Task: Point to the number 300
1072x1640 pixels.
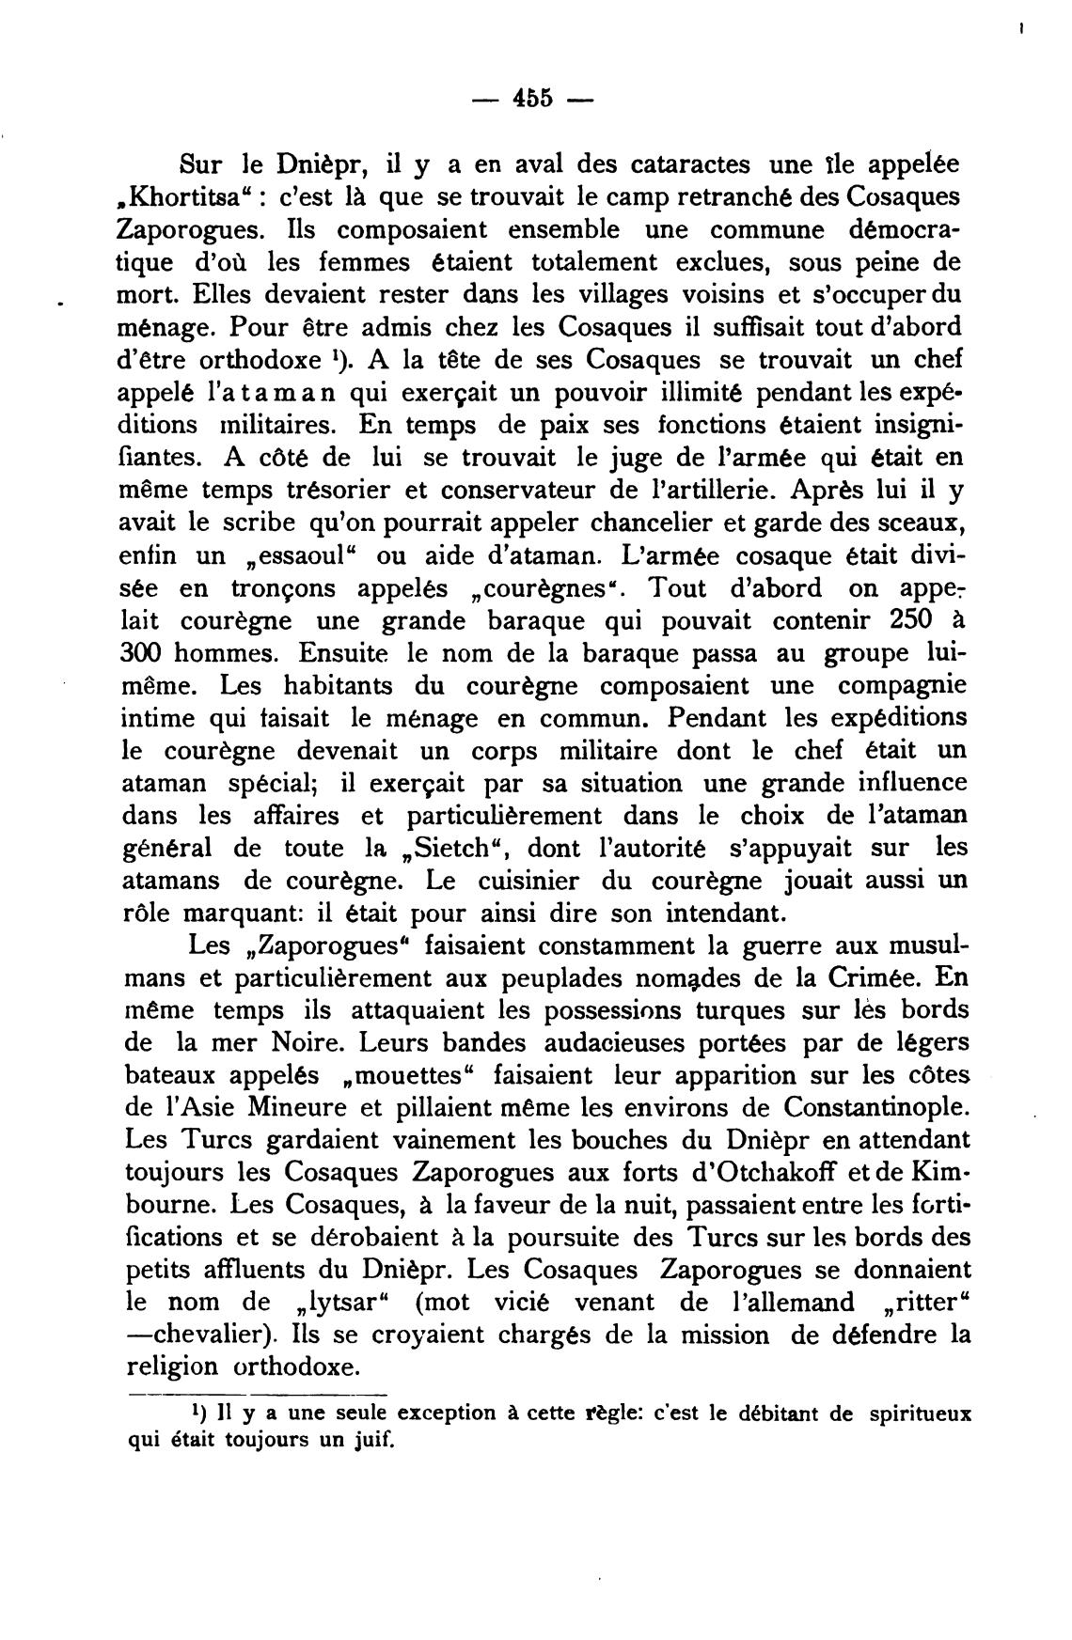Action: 147,653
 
